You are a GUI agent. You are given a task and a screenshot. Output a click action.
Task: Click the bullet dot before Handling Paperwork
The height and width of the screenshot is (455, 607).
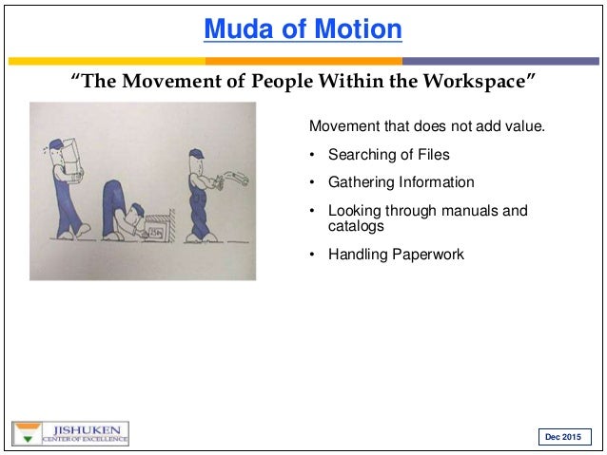(313, 255)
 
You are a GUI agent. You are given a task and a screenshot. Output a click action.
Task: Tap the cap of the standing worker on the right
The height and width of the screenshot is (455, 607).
(194, 153)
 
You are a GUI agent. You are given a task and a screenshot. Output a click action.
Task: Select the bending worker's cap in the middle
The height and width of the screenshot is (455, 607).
(141, 211)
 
